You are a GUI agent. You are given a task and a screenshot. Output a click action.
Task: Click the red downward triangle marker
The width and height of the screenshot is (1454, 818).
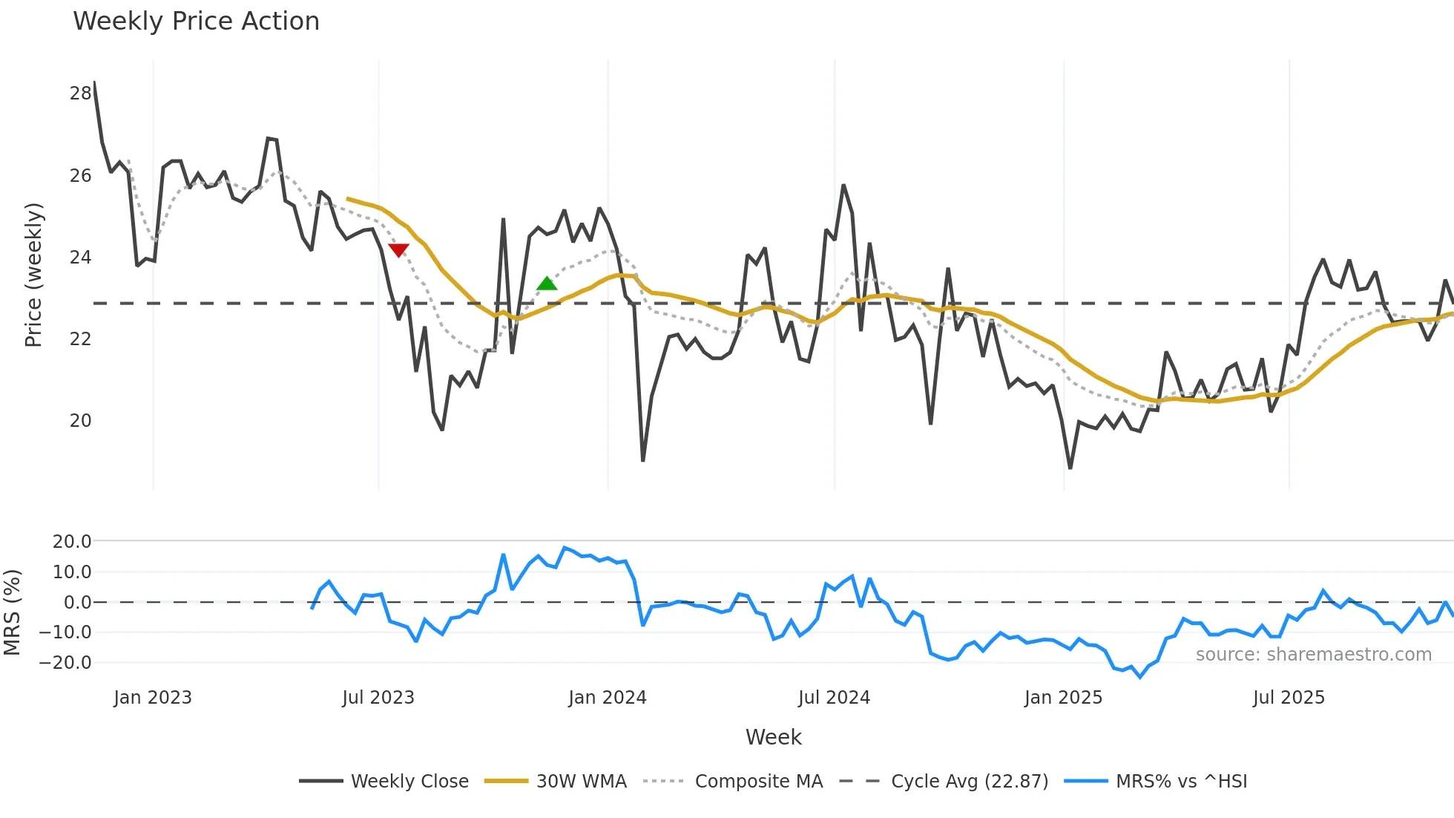point(399,249)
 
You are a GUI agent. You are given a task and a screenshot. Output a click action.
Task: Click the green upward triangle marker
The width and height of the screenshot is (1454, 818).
point(547,284)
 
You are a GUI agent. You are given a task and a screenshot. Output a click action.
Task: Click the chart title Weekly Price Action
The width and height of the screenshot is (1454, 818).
point(196,22)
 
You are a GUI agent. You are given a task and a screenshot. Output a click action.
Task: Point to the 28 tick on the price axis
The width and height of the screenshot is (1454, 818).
point(80,94)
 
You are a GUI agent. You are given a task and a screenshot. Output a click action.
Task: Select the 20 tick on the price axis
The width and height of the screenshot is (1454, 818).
point(80,421)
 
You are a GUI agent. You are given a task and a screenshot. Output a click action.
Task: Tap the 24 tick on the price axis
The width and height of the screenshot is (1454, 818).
point(80,258)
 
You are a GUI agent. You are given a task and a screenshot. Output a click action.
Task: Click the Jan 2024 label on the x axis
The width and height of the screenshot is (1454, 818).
point(607,698)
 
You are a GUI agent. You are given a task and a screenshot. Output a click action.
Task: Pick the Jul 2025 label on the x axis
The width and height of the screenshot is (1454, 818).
point(1288,698)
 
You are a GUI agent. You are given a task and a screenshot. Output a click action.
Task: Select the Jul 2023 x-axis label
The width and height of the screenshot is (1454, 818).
point(378,698)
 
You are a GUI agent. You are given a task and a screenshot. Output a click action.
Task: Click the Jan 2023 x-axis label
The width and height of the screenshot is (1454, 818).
point(153,698)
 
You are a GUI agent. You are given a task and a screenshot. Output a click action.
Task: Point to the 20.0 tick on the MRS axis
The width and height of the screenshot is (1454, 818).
point(71,542)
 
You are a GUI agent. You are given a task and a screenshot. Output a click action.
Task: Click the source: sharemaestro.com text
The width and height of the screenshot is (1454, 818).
point(1313,655)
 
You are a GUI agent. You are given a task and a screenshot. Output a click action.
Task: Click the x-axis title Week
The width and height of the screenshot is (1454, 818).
point(773,737)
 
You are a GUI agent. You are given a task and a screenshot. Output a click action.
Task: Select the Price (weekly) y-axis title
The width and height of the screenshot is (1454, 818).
point(33,275)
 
